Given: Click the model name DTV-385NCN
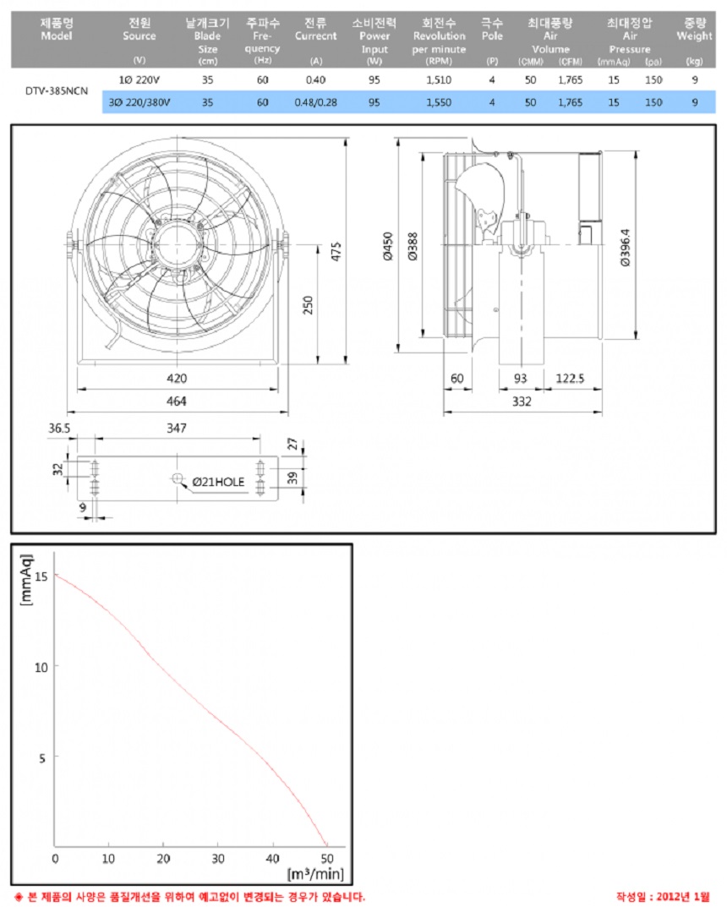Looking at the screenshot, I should [x=56, y=90].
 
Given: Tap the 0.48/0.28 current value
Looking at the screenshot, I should [x=315, y=102].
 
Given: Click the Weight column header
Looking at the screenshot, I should [x=694, y=36].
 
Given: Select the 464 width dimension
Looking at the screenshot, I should [x=177, y=401].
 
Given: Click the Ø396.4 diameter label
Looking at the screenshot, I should [x=625, y=245].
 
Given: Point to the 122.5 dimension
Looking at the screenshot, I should [x=571, y=378].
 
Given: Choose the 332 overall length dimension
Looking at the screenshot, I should [x=522, y=402].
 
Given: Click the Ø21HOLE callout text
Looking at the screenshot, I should [x=218, y=482].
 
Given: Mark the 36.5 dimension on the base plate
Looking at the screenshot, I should [x=59, y=429].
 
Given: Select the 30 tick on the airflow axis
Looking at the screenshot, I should [x=217, y=858].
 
